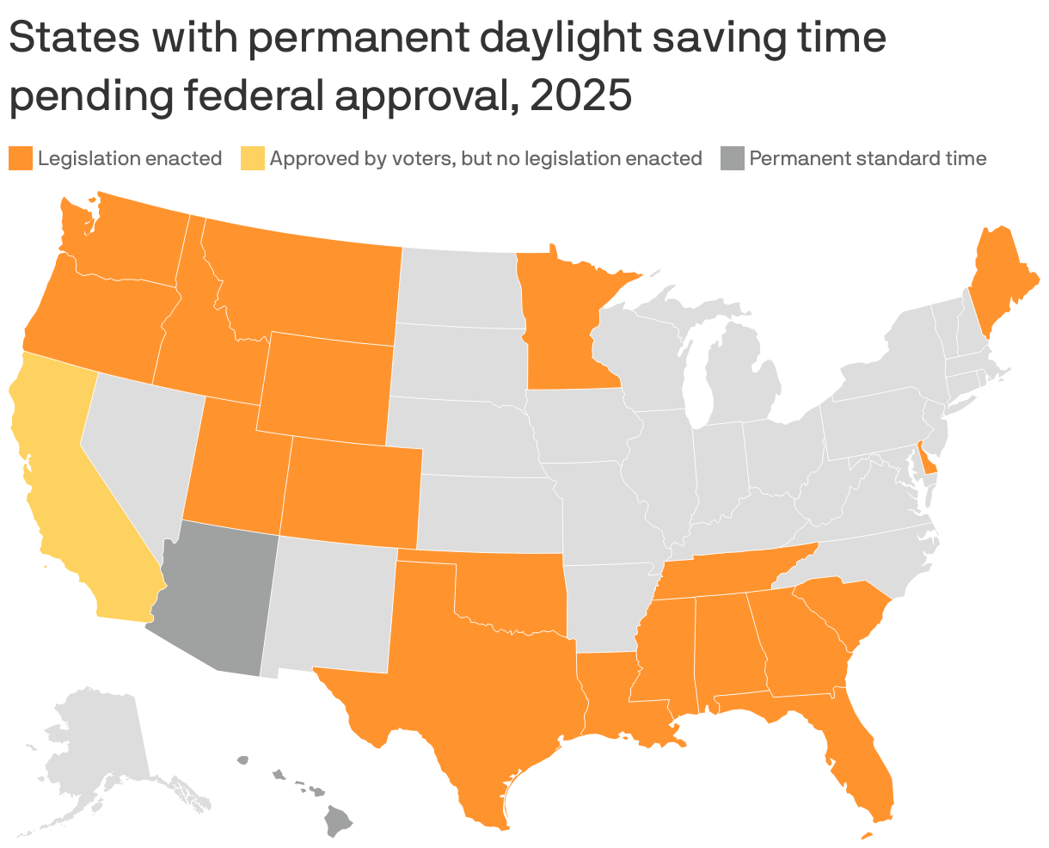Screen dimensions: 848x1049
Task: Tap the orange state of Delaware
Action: click(x=927, y=460)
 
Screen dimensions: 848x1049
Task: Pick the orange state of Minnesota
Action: click(x=559, y=318)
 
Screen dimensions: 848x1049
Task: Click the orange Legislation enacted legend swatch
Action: click(x=21, y=158)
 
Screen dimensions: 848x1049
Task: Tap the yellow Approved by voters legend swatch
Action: click(x=252, y=158)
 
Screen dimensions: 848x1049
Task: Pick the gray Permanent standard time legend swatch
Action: click(x=732, y=158)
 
